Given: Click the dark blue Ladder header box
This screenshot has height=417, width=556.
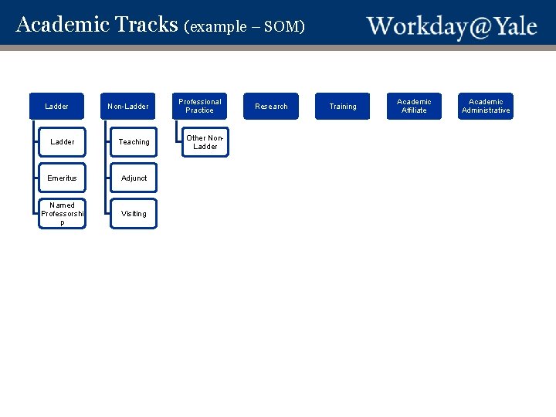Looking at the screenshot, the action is click(x=57, y=107).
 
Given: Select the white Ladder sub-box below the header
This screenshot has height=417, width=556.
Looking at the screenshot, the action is click(x=63, y=142).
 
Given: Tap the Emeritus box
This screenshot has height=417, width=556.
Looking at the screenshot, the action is click(x=63, y=178).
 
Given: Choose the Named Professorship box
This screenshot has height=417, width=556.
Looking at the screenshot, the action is click(x=63, y=214).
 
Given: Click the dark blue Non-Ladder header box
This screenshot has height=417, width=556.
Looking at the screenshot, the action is click(x=128, y=107).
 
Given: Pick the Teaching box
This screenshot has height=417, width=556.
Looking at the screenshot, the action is click(x=134, y=142).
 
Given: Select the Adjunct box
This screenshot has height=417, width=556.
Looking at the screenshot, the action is click(x=134, y=178).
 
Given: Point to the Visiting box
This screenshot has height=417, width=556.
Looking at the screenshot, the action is click(x=134, y=214).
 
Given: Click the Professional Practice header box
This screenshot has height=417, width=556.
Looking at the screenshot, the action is click(x=200, y=107).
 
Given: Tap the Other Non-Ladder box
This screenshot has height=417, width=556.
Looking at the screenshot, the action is click(x=205, y=142).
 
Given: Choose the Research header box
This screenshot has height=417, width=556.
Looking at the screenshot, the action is click(x=271, y=107).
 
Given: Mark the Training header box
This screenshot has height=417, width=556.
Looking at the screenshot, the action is click(x=343, y=107).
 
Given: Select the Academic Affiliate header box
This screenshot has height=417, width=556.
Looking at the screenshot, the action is click(x=414, y=107).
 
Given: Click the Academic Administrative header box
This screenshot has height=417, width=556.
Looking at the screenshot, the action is click(x=486, y=107).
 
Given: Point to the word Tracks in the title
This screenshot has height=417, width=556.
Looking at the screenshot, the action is click(x=147, y=25).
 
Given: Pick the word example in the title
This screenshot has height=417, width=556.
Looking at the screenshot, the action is click(x=219, y=27).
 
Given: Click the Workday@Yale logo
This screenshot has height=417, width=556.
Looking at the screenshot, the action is click(x=452, y=26).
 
